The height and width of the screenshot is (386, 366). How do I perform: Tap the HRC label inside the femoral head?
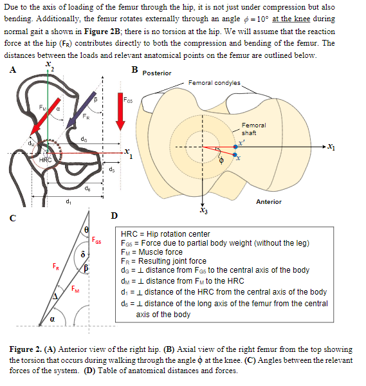tap(45, 159)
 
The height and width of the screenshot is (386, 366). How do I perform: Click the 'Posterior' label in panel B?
tap(156, 73)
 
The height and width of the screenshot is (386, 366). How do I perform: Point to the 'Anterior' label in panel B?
tap(268, 201)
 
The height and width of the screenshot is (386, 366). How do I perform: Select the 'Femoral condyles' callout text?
tap(214, 83)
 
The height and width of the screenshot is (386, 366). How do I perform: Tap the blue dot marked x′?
tap(236, 147)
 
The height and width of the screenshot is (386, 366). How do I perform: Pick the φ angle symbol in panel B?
tap(223, 161)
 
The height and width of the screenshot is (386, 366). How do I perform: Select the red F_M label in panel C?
tap(77, 288)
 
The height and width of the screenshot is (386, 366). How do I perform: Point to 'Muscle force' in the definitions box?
tap(166, 253)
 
